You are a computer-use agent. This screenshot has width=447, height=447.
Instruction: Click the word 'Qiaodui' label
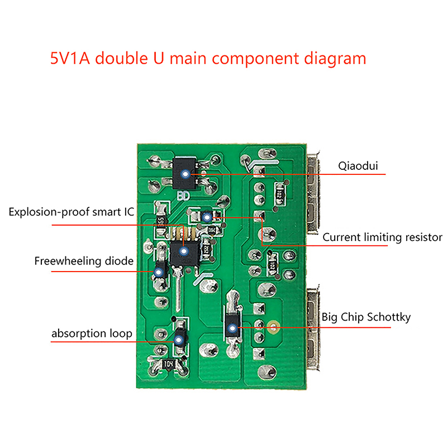click(x=358, y=165)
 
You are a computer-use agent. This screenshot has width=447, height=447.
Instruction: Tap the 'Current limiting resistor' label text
click(x=382, y=237)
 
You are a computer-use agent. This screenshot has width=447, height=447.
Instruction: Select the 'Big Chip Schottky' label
click(x=366, y=317)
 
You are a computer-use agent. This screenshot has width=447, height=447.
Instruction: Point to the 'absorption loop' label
click(x=92, y=334)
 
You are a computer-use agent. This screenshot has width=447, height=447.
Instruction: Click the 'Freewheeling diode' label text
click(x=84, y=261)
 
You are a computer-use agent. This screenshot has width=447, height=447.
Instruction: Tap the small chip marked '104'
click(x=168, y=364)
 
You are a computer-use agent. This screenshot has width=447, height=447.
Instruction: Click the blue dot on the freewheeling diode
click(x=159, y=272)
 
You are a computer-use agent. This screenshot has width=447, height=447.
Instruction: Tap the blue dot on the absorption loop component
click(x=179, y=339)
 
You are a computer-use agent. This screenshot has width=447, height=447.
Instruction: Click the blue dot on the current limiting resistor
click(x=206, y=217)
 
